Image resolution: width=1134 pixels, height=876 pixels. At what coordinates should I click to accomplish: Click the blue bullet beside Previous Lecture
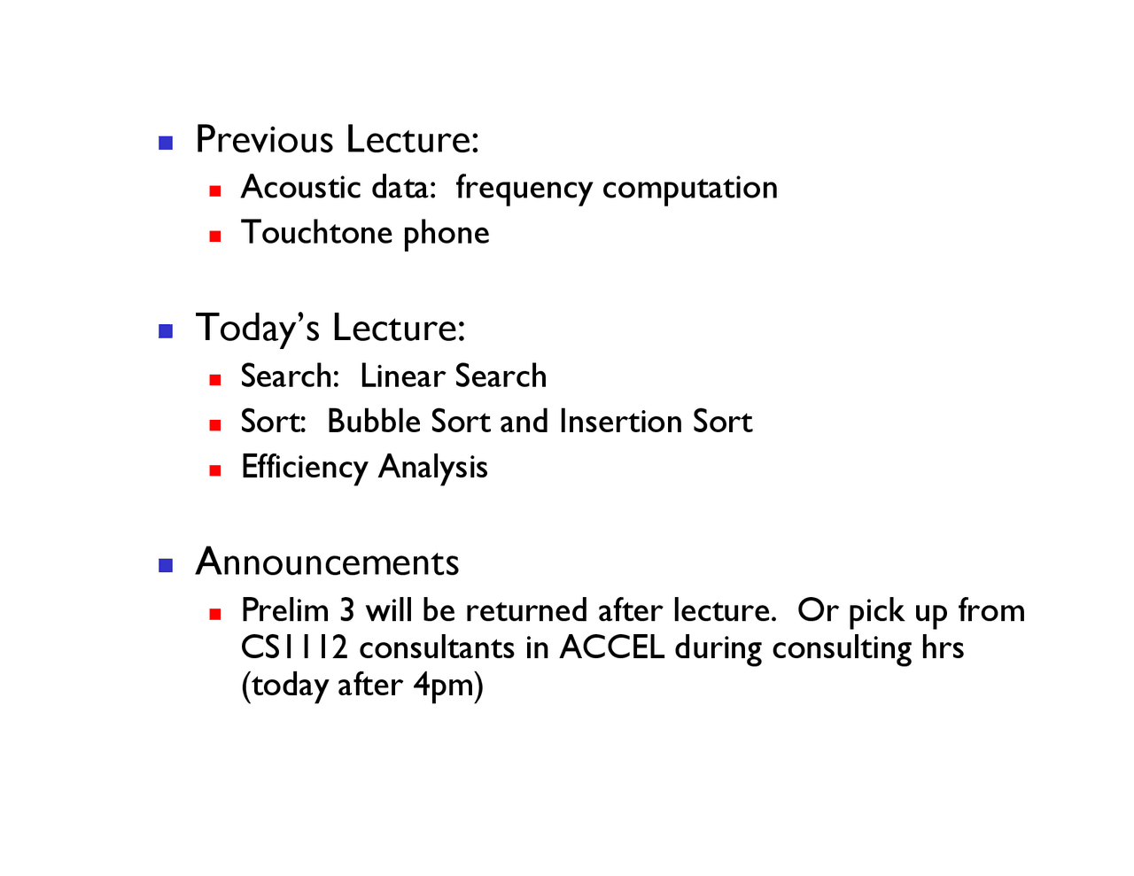point(166,143)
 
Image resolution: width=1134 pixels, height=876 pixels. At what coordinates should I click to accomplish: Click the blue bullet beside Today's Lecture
point(166,330)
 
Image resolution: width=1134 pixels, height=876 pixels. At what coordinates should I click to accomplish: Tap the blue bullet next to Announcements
point(166,565)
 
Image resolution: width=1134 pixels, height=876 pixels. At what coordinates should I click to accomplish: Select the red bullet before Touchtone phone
point(215,236)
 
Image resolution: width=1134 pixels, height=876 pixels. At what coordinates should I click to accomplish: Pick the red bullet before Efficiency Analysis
point(215,470)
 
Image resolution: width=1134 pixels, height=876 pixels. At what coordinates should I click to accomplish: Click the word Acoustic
point(300,187)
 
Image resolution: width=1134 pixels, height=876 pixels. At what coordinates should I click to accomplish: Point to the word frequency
point(524,189)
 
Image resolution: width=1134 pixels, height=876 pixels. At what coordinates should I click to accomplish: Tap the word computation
point(690,189)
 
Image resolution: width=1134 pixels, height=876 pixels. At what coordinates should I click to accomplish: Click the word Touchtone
point(316,232)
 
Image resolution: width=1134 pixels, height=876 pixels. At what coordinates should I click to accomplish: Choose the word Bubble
point(374,421)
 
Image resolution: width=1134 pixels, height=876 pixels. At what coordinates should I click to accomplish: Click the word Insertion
point(620,421)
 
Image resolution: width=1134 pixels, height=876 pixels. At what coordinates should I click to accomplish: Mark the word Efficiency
point(304,468)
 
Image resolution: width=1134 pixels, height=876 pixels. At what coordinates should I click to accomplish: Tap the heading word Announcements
point(327,562)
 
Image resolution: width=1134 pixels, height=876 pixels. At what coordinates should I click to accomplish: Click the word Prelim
point(285,609)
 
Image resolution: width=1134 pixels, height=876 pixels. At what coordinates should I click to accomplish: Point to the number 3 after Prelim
point(347,610)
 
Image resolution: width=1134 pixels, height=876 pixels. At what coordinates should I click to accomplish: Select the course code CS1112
point(294,647)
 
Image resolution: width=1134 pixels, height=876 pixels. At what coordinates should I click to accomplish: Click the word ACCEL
point(611,647)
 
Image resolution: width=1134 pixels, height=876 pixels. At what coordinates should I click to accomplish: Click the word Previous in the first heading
point(264,139)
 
